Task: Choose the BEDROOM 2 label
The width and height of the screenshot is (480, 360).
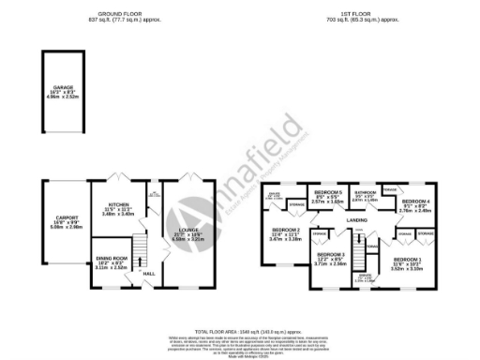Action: [285, 230]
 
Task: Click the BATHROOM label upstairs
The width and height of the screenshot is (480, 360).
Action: [365, 191]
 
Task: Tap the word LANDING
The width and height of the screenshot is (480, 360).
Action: [356, 220]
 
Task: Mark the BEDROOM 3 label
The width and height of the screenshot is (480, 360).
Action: [330, 255]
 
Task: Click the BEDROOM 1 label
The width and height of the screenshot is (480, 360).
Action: [407, 258]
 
